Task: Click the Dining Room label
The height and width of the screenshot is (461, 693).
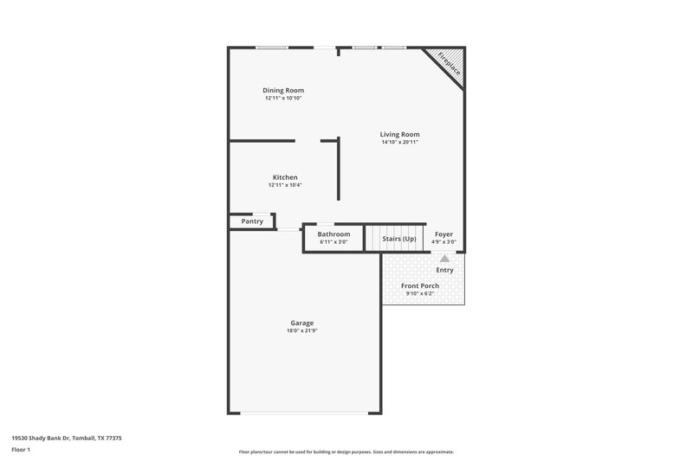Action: [x=283, y=90]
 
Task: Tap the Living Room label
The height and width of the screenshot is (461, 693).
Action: [x=399, y=134]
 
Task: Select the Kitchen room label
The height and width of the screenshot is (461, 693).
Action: [x=285, y=177]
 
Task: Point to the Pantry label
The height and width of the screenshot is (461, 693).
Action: [x=252, y=221]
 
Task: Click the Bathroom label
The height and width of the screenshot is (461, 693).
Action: [x=334, y=234]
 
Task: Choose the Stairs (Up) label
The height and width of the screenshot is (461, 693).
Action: [x=399, y=238]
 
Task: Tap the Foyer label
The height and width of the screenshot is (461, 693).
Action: [x=444, y=234]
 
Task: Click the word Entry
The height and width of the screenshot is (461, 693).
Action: [x=444, y=271]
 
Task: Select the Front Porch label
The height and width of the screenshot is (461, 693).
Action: [x=419, y=285]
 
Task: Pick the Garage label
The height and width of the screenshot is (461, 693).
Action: [x=301, y=323]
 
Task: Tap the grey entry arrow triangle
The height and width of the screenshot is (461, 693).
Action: [x=444, y=258]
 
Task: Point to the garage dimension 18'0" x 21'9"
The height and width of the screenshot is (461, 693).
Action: [x=301, y=330]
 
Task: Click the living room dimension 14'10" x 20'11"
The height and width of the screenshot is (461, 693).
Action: [x=399, y=142]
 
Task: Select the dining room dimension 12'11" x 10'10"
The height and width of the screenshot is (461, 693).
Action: [x=283, y=98]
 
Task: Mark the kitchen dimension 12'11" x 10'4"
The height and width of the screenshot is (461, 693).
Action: [x=285, y=185]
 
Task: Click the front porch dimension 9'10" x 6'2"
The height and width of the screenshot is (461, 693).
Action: [x=419, y=294]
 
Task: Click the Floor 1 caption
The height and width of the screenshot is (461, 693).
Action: [x=21, y=451]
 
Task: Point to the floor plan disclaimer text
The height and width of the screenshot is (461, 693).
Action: [x=346, y=451]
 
